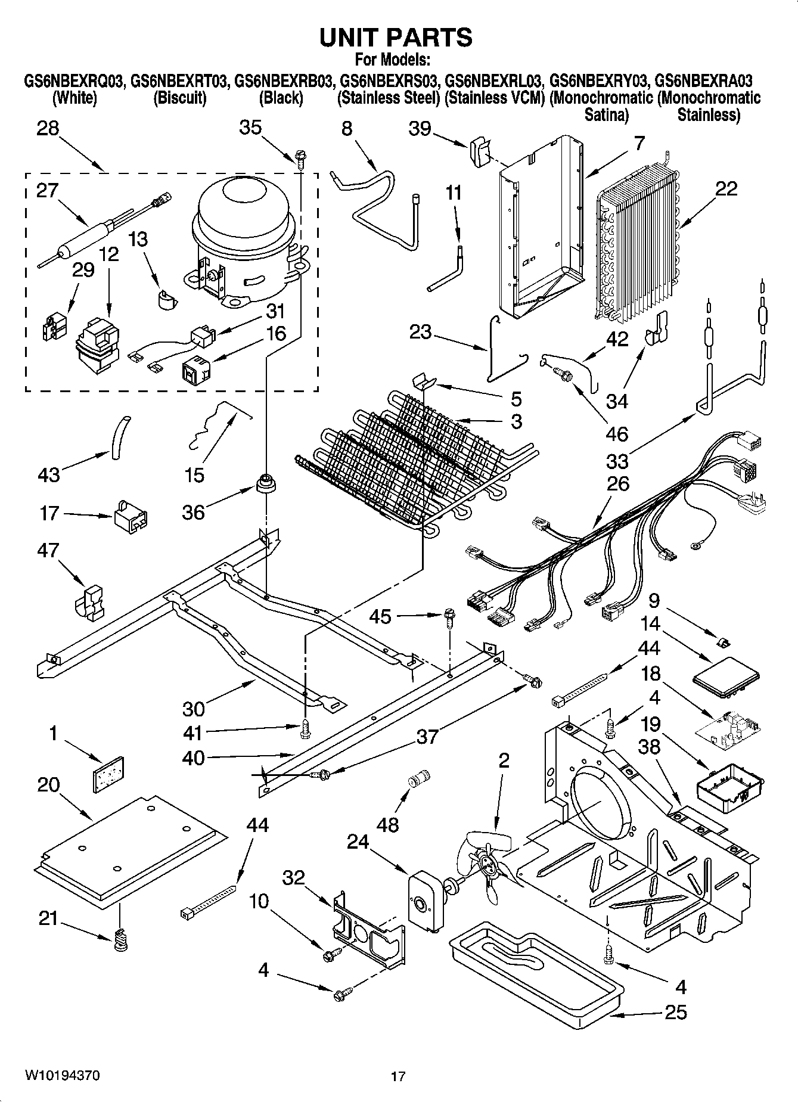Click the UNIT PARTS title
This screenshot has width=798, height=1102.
tap(396, 38)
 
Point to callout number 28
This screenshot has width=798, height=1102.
tap(48, 128)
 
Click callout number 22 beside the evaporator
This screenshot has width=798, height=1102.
tap(726, 190)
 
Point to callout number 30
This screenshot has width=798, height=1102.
tap(194, 709)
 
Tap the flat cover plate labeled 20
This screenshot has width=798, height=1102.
tap(131, 846)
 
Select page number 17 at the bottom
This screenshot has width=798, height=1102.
tap(398, 1076)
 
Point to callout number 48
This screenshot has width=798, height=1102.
tap(387, 825)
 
